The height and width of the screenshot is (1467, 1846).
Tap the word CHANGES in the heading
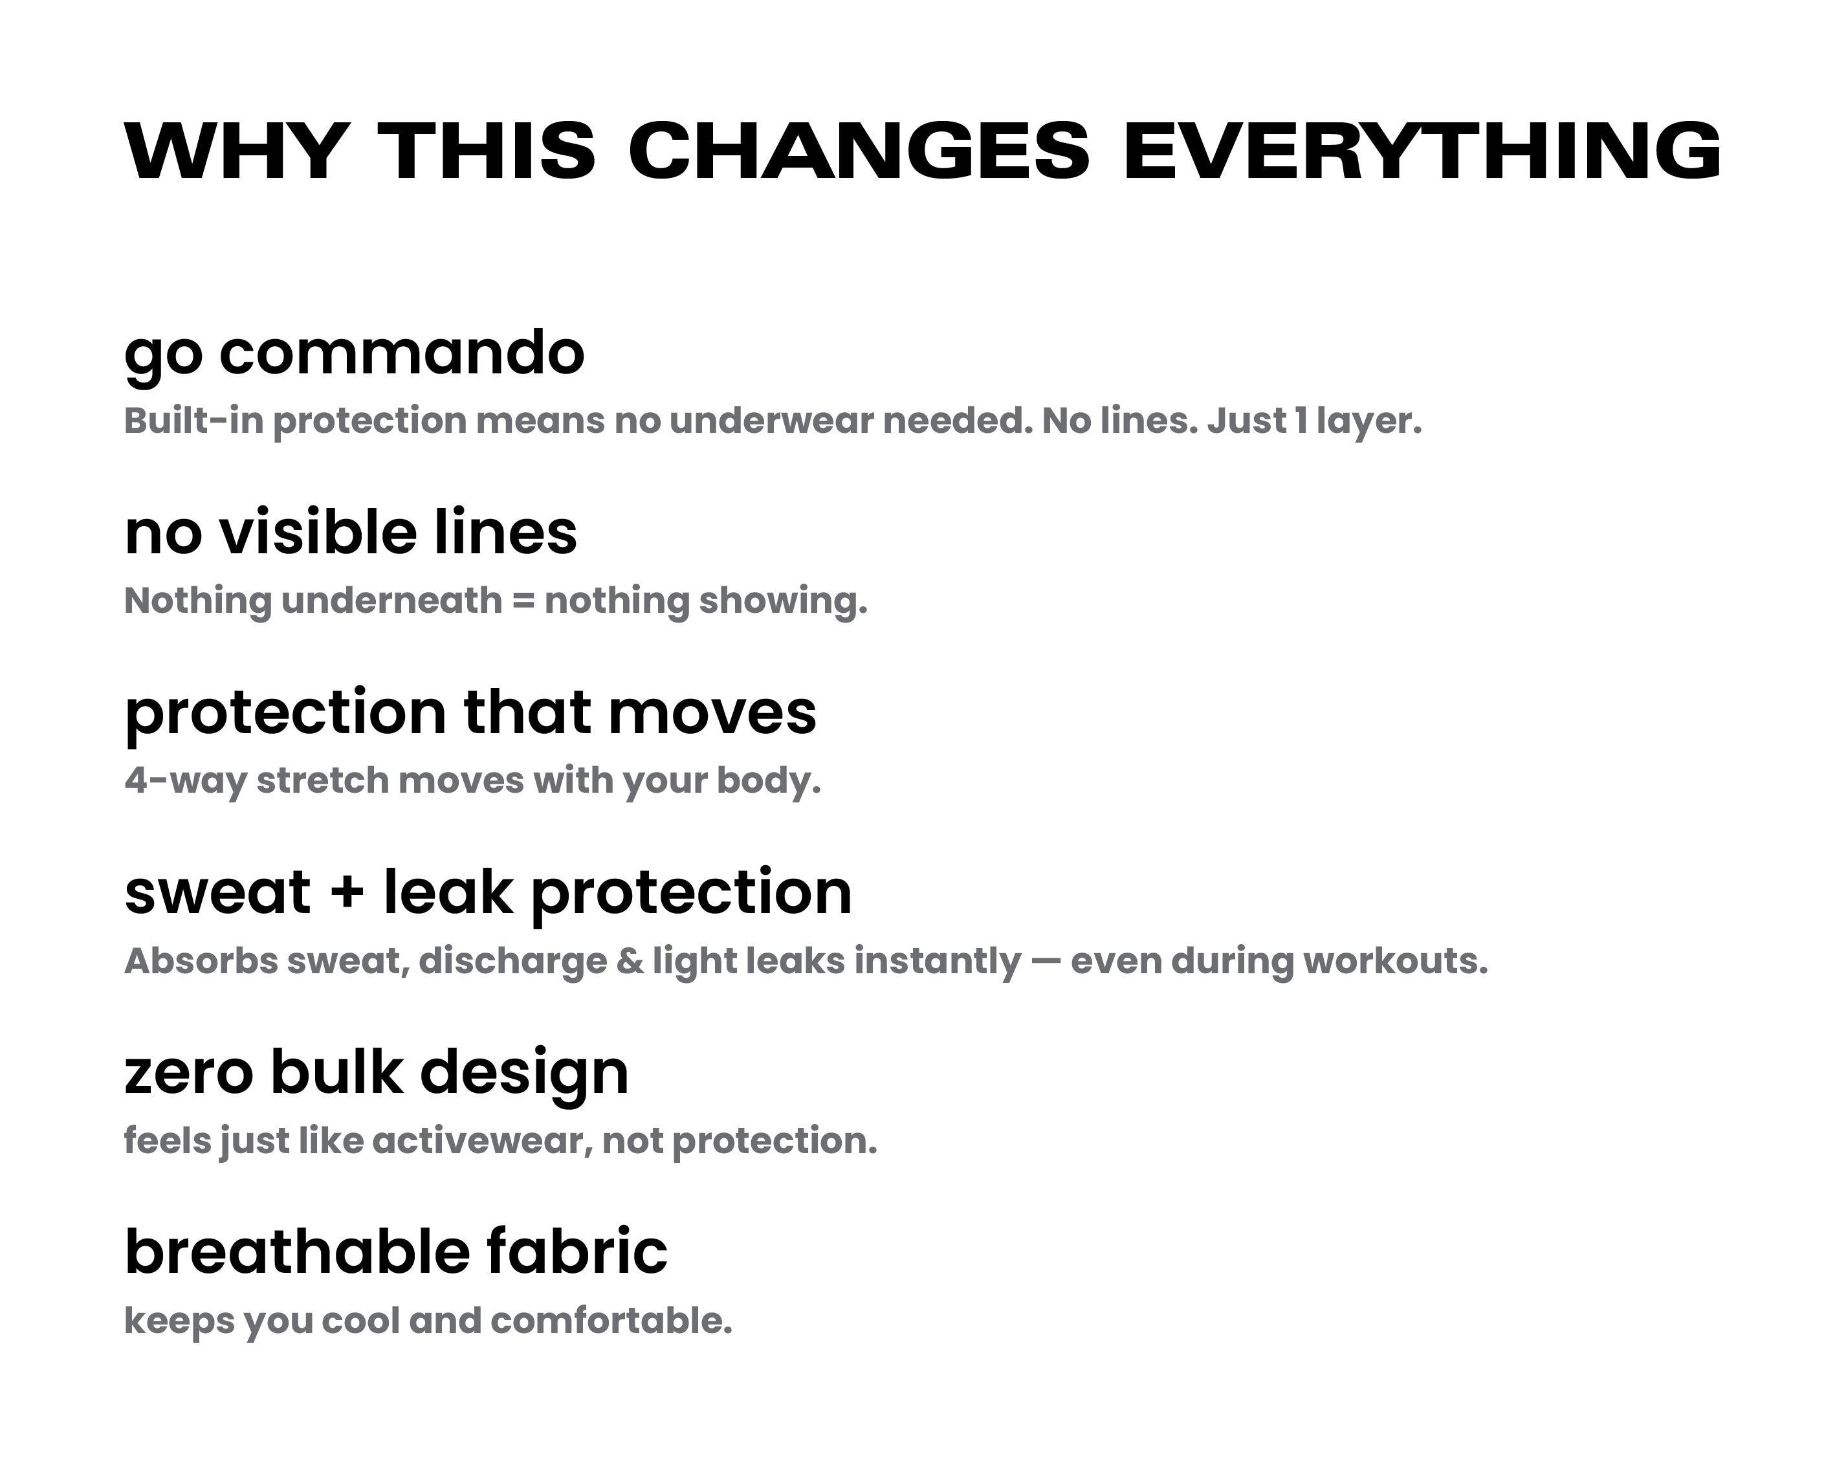859,151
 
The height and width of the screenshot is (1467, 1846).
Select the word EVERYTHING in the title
1422,151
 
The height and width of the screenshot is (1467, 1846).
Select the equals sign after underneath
523,601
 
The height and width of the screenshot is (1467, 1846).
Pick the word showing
784,602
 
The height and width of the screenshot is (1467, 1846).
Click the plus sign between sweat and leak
347,892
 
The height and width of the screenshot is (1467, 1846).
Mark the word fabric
578,1252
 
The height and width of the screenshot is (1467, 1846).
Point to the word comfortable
611,1321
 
